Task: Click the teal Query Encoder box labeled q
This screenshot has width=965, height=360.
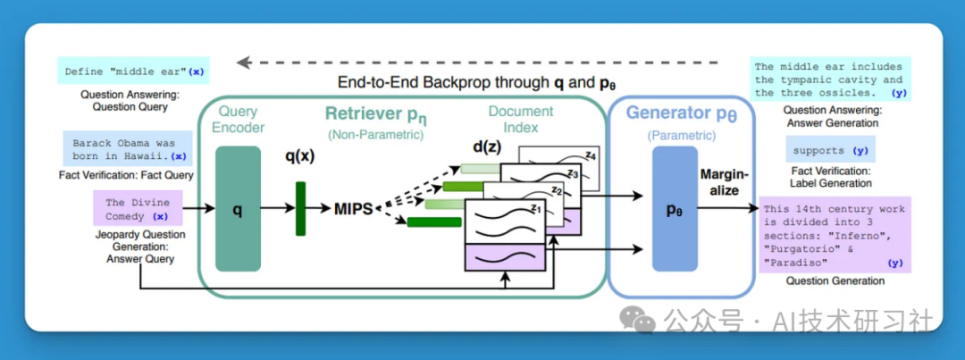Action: (238, 209)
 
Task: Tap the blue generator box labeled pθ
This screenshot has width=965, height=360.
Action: (675, 209)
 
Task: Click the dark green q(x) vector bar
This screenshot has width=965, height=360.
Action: (300, 209)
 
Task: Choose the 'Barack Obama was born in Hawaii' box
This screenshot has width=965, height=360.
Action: (126, 148)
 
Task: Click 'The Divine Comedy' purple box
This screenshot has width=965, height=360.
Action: (138, 209)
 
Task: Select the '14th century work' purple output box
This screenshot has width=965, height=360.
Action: (834, 234)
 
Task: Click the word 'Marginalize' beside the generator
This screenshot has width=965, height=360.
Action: (724, 184)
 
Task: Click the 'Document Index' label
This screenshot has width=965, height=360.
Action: (521, 120)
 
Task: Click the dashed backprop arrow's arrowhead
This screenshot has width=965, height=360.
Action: (242, 63)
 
